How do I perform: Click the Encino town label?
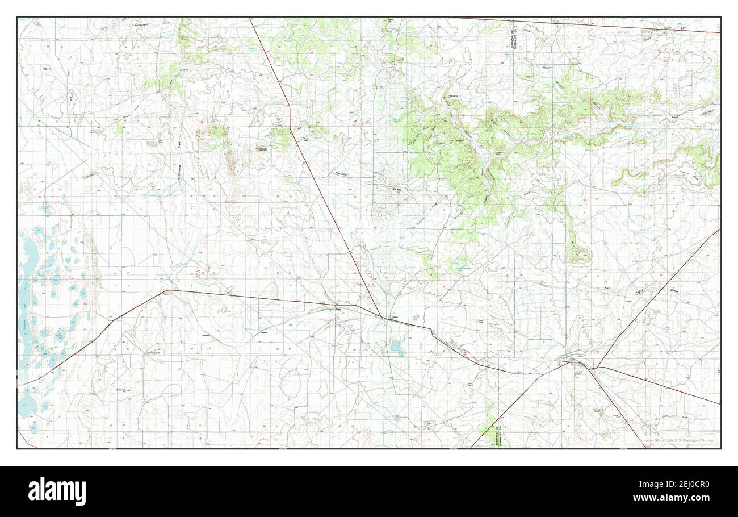pos(392,317)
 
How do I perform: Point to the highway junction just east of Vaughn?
pos(590,368)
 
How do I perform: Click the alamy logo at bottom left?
pos(57,491)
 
